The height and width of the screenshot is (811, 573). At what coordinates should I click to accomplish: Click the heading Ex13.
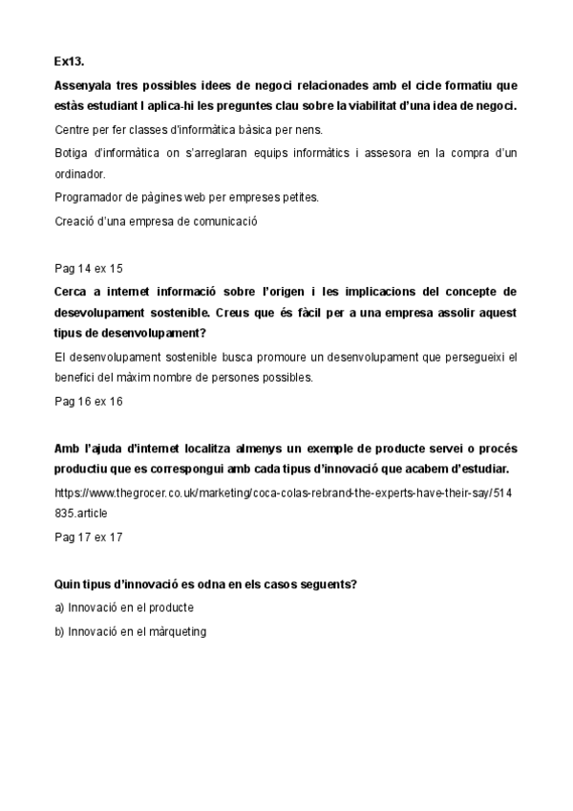pos(69,61)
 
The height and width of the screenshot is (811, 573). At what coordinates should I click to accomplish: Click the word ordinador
pos(80,175)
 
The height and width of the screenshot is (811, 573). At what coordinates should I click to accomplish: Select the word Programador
pos(94,198)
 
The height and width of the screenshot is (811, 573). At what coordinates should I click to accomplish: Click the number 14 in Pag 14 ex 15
pos(84,268)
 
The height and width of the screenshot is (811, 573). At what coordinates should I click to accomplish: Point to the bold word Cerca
pos(73,291)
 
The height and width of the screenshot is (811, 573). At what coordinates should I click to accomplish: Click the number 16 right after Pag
pos(84,401)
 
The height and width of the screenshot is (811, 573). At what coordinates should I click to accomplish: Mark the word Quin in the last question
pos(68,583)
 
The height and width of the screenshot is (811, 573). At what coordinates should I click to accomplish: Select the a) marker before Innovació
pos(60,607)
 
